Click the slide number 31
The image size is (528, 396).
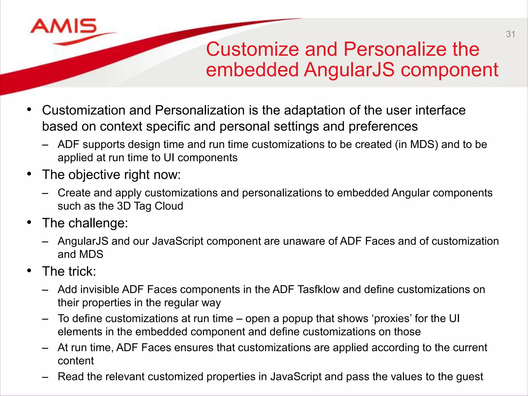[x=510, y=34]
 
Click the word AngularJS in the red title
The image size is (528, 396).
[x=349, y=70]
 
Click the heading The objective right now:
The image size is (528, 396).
[x=111, y=175]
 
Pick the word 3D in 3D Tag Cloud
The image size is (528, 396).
[x=124, y=206]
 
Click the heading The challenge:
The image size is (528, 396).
[x=85, y=223]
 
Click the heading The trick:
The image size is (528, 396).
[x=69, y=271]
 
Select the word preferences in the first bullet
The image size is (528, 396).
[x=383, y=127]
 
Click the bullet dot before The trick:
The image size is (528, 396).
[x=29, y=271]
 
